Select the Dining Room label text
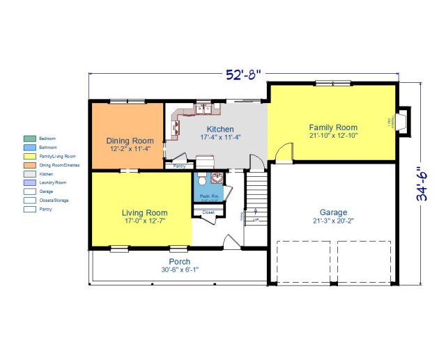click(x=129, y=144)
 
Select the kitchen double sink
click(x=204, y=108)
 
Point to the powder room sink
click(x=216, y=178)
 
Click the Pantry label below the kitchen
click(x=179, y=166)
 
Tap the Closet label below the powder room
click(x=208, y=212)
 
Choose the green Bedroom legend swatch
click(x=30, y=139)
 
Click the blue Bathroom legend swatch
click(x=30, y=148)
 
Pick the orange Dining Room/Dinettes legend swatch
click(x=30, y=165)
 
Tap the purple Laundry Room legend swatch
click(x=30, y=182)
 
